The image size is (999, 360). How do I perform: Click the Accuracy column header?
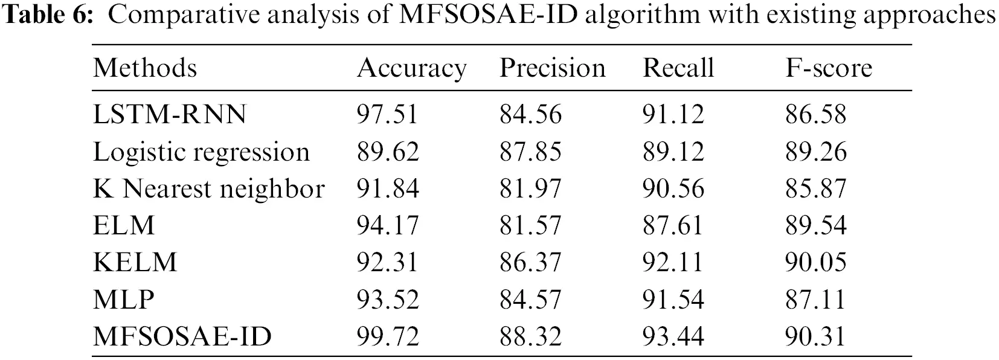pos(411,68)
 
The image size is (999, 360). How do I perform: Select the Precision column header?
pos(552,68)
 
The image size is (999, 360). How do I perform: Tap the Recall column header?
pos(678,68)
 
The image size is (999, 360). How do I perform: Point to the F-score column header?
pos(829,68)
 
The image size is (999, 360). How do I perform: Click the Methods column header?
pos(145,68)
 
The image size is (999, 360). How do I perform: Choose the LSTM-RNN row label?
pos(170,114)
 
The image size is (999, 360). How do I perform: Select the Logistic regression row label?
pos(201,152)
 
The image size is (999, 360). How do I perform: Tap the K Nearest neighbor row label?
pos(208,189)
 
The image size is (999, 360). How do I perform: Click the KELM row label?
pos(135,262)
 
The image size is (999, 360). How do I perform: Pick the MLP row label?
pos(124,300)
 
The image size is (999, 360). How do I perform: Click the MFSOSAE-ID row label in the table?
pos(182,336)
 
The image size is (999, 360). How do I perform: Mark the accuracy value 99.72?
pos(388,336)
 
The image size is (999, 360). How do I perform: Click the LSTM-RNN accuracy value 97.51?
pos(387,114)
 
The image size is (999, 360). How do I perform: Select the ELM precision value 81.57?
pos(530,225)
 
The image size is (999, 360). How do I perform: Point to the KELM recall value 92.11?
pos(673,262)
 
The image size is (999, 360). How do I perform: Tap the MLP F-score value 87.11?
pos(815,300)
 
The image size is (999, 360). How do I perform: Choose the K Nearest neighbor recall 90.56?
pos(673,189)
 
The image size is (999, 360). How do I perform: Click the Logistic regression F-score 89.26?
pos(816,152)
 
